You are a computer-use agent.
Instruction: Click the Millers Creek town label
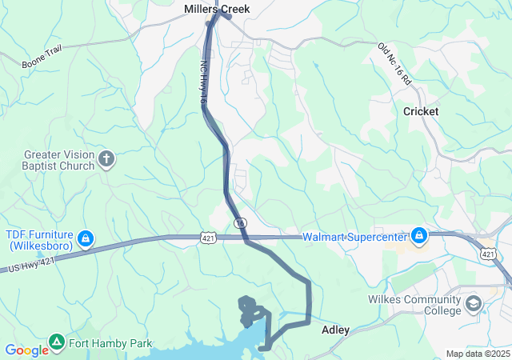(217, 9)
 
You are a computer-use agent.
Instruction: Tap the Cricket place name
(421, 111)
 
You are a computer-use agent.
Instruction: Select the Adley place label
(336, 329)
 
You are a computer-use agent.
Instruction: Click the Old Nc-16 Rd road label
(394, 63)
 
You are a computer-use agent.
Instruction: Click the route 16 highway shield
(239, 222)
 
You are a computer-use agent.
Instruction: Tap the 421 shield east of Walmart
(488, 253)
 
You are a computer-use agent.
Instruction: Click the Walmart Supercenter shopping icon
(418, 236)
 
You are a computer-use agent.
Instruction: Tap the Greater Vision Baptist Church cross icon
(106, 159)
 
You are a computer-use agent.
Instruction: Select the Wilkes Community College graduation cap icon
(474, 304)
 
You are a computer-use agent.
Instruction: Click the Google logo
(26, 350)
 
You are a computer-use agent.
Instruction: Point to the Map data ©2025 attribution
(477, 354)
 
